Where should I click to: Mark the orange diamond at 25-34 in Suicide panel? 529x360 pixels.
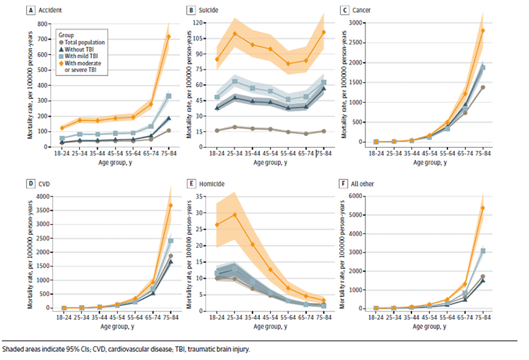[x=234, y=33]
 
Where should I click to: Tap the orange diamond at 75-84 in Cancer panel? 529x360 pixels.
[x=483, y=30]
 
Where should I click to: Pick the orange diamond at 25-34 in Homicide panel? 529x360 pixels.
[x=234, y=215]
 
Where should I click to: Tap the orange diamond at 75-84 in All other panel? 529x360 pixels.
[x=483, y=208]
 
